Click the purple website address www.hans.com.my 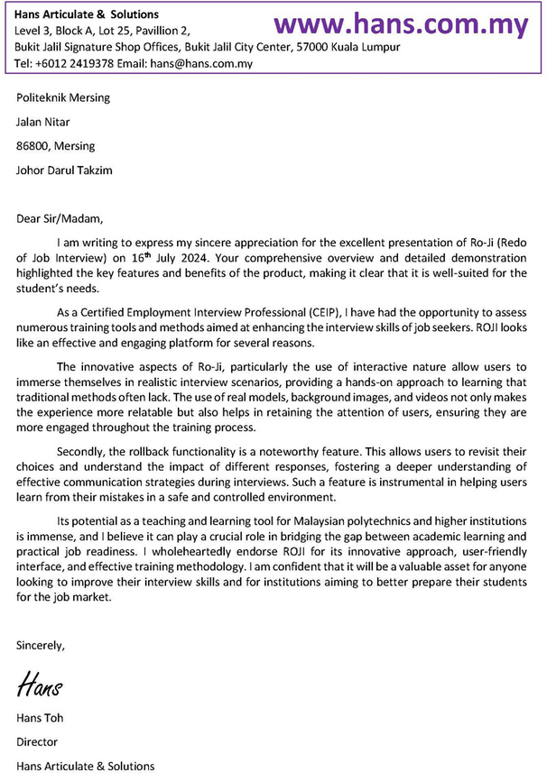coord(401,24)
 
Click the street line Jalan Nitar coord(43,122)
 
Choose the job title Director coord(37,742)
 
